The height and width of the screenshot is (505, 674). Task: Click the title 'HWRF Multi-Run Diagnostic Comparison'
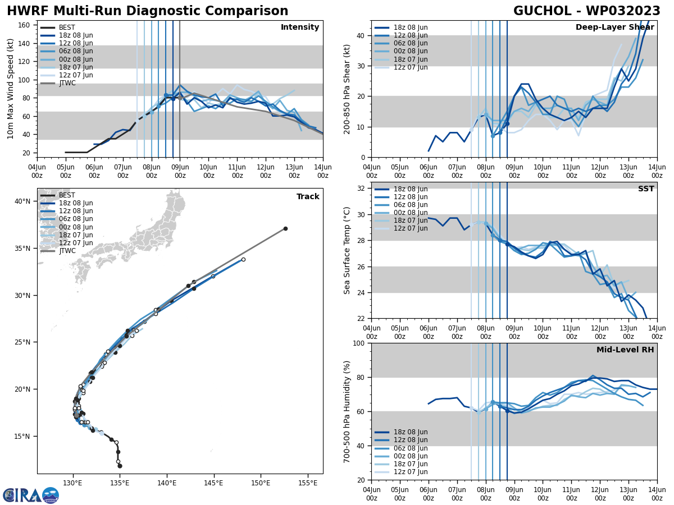pos(147,11)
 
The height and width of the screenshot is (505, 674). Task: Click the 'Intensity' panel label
pos(300,27)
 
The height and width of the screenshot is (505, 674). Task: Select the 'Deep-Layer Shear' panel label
pos(614,27)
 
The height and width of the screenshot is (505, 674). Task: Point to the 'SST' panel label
pos(646,189)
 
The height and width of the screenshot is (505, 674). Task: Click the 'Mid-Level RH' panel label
pos(625,350)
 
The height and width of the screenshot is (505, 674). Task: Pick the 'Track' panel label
pos(308,197)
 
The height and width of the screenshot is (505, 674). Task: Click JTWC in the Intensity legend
pos(67,83)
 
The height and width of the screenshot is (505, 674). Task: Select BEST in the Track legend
pos(67,195)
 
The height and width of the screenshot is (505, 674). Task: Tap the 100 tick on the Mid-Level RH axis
pos(358,343)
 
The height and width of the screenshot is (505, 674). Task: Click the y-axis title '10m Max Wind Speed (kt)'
pos(11,89)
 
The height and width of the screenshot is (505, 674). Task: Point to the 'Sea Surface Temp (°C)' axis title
pos(347,250)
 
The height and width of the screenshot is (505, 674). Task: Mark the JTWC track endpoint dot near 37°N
pos(285,228)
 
